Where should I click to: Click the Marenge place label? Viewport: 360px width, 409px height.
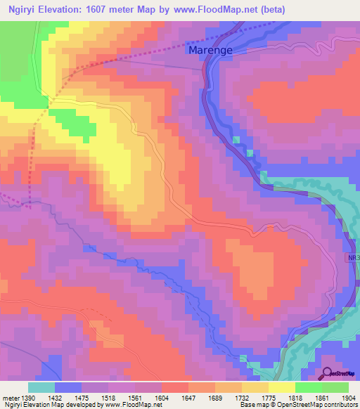click(x=210, y=51)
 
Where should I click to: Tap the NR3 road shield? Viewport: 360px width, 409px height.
click(x=352, y=259)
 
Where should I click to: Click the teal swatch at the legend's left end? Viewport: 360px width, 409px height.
click(x=41, y=387)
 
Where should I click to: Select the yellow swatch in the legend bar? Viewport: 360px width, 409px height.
click(x=281, y=387)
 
